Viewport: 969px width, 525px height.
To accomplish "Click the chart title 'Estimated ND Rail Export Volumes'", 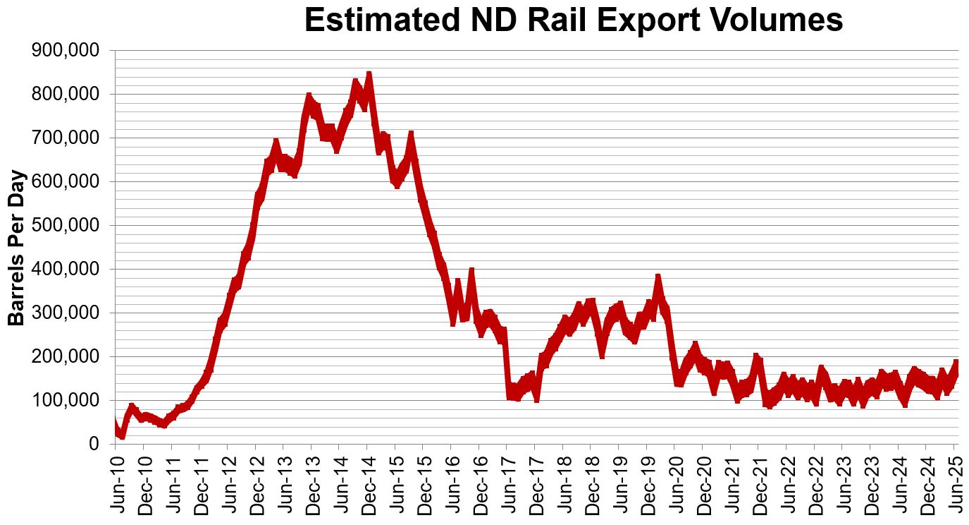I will coord(573,20).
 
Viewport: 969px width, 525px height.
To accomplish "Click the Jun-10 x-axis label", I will coord(116,483).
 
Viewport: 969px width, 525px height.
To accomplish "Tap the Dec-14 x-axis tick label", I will coord(368,483).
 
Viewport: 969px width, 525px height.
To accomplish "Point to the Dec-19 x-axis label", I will coord(648,483).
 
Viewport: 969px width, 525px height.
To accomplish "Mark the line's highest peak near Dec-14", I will coord(369,73).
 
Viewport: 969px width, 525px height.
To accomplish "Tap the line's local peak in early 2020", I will coord(658,277).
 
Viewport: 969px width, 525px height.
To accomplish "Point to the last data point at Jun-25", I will coord(956,363).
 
